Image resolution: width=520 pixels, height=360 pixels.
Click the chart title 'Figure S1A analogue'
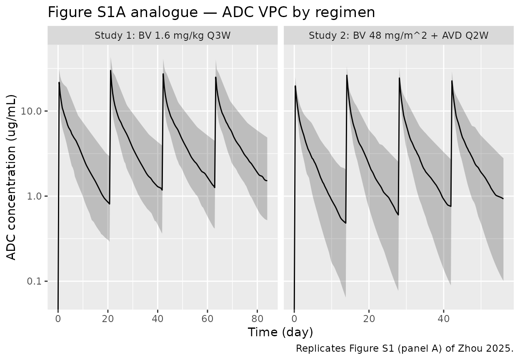tap(211, 12)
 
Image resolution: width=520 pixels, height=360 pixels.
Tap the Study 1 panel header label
tap(162, 35)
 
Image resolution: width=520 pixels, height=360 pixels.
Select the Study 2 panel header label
tap(399, 35)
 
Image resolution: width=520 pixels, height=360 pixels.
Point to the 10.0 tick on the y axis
tap(33, 111)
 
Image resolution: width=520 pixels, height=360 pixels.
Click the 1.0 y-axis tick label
tap(36, 196)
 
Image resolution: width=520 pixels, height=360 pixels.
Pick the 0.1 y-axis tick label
tap(36, 281)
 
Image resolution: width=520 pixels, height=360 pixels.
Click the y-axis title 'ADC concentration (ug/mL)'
tap(12, 177)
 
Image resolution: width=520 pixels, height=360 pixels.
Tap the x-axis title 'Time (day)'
tap(280, 332)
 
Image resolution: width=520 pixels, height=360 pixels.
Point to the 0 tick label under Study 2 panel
tap(294, 319)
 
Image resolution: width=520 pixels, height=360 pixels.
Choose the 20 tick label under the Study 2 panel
tap(369, 319)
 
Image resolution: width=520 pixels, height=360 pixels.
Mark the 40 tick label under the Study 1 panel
tap(157, 319)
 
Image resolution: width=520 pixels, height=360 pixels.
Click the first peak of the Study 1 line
tap(59, 82)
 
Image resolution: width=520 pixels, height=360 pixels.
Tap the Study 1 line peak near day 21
tap(111, 70)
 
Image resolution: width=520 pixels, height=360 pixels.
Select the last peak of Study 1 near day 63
tap(216, 77)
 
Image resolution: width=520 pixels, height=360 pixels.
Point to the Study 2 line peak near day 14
tap(347, 75)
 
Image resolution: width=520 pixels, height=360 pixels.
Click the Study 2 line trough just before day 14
tap(346, 223)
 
